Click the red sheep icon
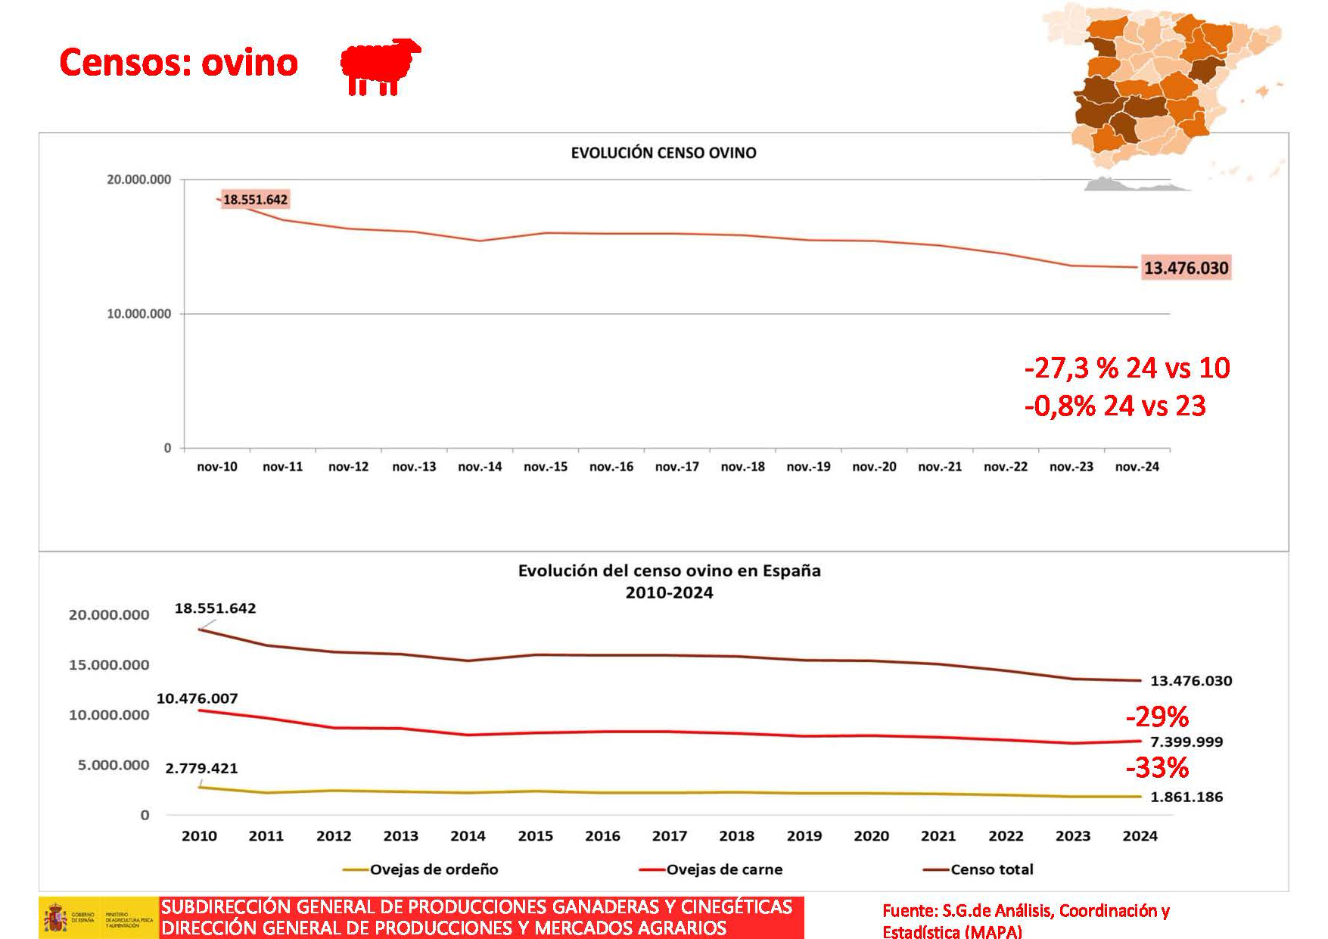[x=380, y=66]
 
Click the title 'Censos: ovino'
[x=179, y=62]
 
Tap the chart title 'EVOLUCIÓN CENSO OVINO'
[x=664, y=153]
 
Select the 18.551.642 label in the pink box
[x=255, y=200]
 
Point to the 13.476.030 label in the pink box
[x=1186, y=268]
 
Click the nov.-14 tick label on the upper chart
[x=480, y=467]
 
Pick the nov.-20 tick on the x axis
[x=874, y=467]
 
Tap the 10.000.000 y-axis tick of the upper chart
[x=139, y=314]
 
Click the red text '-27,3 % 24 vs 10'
[x=1127, y=368]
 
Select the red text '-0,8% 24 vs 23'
[x=1115, y=406]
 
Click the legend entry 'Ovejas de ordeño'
[x=434, y=869]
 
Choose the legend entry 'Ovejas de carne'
[x=724, y=869]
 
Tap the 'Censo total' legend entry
[x=991, y=869]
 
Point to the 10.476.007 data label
[x=197, y=698]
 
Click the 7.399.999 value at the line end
[x=1186, y=742]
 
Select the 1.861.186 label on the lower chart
[x=1186, y=797]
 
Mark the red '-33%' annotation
[x=1157, y=768]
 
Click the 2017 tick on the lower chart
[x=670, y=836]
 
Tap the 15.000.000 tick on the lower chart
[x=109, y=665]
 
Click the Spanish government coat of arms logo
[x=55, y=919]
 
